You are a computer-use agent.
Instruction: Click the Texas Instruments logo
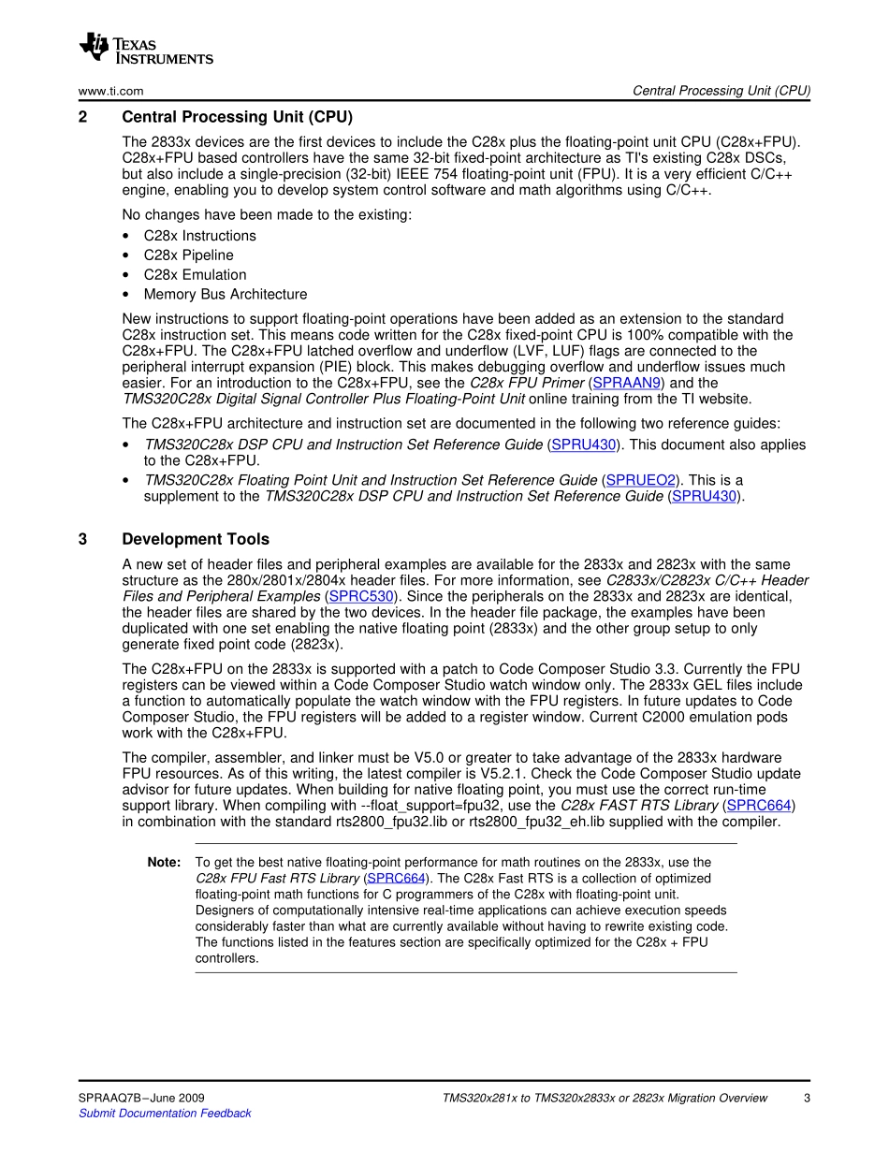click(146, 49)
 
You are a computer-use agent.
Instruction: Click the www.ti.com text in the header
click(110, 91)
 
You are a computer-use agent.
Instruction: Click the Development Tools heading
click(196, 539)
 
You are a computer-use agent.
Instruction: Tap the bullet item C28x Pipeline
click(188, 255)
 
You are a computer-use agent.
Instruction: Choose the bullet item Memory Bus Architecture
click(225, 295)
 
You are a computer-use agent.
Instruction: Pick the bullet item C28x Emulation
click(195, 275)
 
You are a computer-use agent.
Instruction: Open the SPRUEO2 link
click(641, 480)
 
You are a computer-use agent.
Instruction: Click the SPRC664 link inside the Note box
click(397, 879)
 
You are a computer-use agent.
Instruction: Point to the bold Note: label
click(164, 863)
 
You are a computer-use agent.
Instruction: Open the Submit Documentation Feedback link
click(165, 1114)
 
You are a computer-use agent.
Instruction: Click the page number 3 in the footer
click(807, 1098)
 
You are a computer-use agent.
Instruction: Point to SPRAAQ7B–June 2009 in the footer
click(141, 1098)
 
